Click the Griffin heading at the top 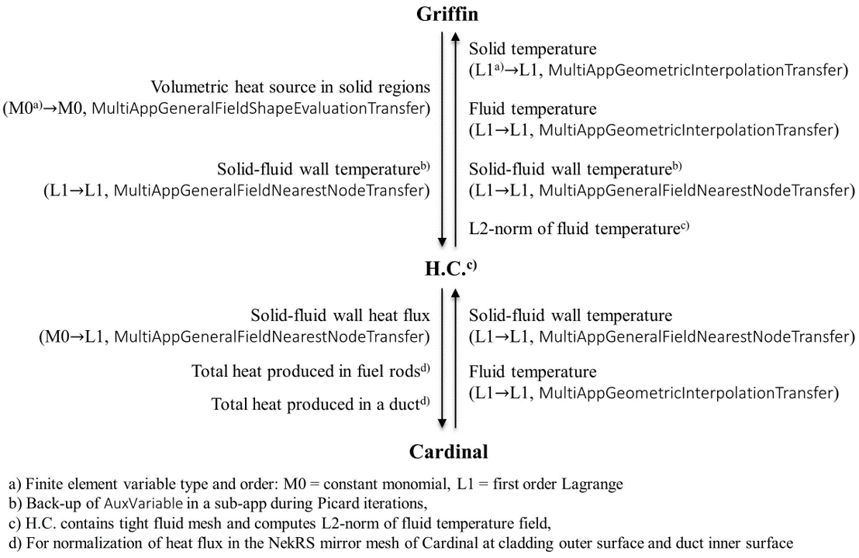tap(447, 14)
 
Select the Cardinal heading tap(448, 452)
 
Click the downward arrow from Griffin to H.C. tap(442, 139)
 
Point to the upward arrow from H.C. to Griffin tap(455, 139)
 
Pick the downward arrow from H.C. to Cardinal tap(442, 359)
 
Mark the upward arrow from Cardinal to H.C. tap(455, 358)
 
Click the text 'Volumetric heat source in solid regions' tap(291, 87)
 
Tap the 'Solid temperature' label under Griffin tap(533, 49)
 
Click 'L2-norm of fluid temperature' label tap(574, 229)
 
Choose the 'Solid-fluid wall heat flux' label tap(340, 315)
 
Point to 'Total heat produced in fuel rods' tap(305, 372)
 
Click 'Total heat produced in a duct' tap(316, 405)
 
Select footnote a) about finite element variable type tap(316, 484)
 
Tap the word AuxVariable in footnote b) tap(143, 503)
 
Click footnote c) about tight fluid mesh tap(280, 523)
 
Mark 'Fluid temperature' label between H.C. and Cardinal tap(533, 372)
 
